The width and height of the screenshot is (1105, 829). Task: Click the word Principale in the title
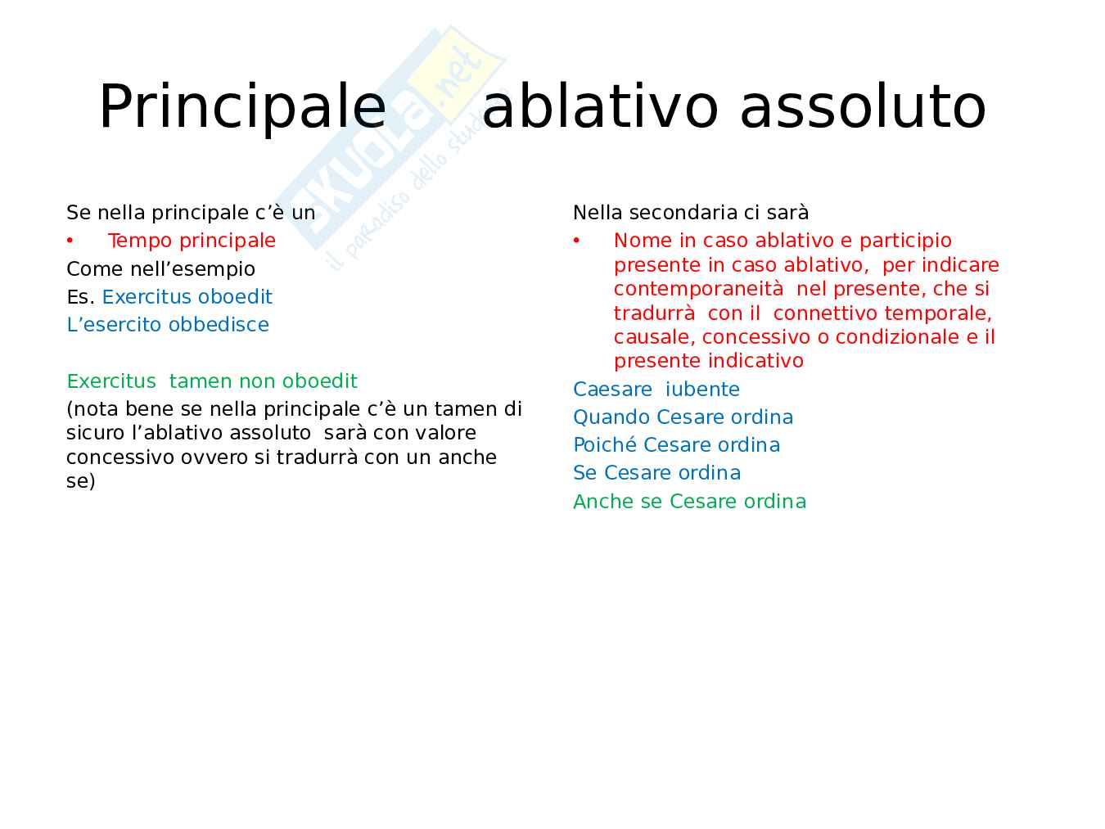[x=242, y=108]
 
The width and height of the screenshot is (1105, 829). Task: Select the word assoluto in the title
[x=863, y=108]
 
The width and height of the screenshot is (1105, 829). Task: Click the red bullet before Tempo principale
[x=70, y=241]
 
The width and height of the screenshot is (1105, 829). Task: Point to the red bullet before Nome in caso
[x=576, y=241]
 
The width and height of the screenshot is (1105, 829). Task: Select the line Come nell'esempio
[x=160, y=268]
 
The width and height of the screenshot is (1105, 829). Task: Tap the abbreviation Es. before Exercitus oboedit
[x=80, y=297]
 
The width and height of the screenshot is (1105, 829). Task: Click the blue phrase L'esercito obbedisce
[x=168, y=325]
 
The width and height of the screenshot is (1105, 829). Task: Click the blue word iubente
[x=702, y=389]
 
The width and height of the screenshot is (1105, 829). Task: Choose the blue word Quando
[x=611, y=417]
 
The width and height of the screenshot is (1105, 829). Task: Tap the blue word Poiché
[x=605, y=445]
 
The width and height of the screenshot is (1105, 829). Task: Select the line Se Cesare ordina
[x=657, y=473]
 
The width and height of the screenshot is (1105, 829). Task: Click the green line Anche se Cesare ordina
[x=690, y=502]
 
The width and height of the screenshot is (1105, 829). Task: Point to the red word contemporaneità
[x=699, y=289]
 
